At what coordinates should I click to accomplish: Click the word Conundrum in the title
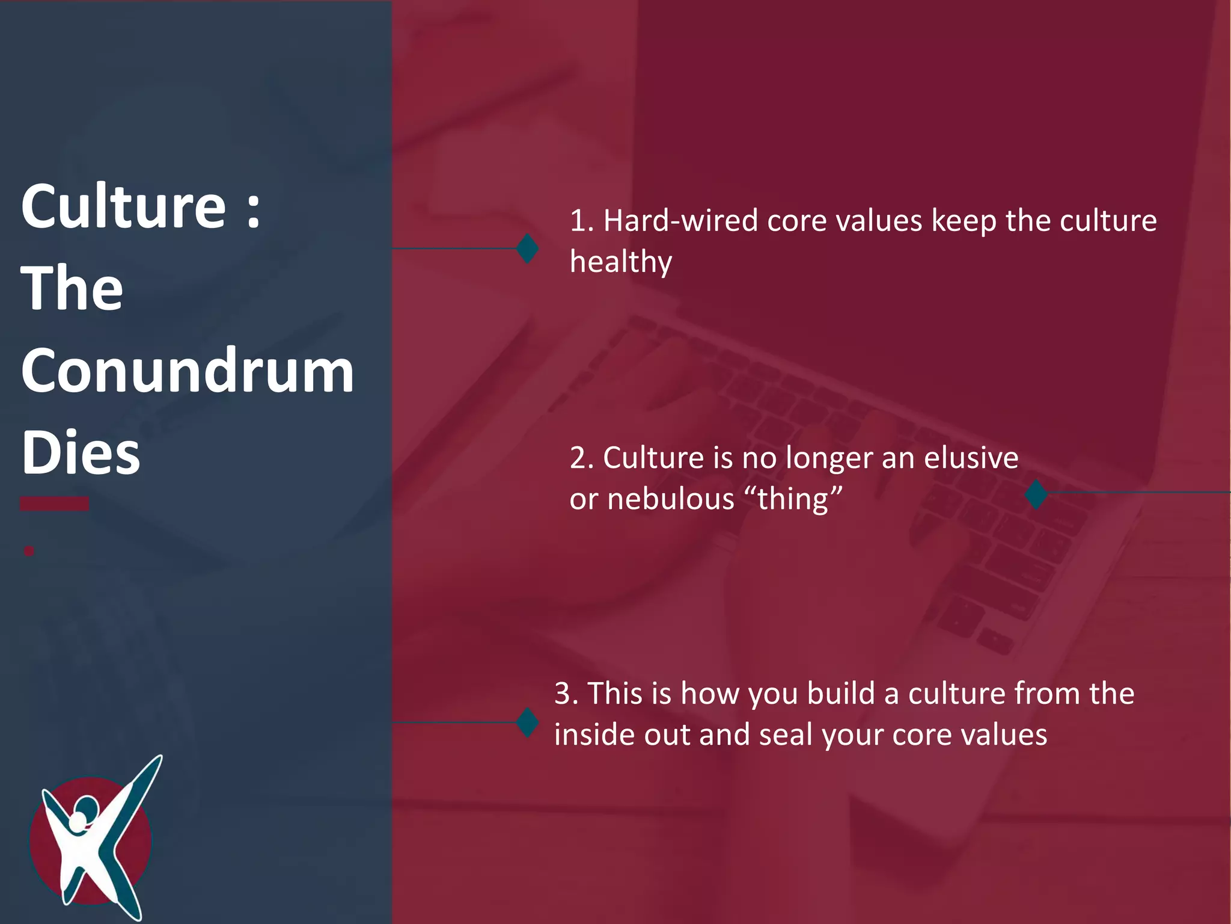click(x=188, y=371)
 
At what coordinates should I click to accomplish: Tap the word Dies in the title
click(x=81, y=452)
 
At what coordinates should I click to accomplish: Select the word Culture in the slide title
click(x=124, y=206)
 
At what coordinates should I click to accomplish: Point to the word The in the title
click(x=72, y=289)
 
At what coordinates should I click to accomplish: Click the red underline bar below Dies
click(x=54, y=504)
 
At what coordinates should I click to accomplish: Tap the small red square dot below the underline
click(x=29, y=550)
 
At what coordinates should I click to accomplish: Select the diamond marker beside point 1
click(x=527, y=248)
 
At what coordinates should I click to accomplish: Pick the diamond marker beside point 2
click(x=1036, y=494)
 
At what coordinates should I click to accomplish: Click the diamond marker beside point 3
click(x=527, y=722)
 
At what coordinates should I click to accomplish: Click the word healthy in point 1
click(x=621, y=262)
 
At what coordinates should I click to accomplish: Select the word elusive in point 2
click(x=971, y=458)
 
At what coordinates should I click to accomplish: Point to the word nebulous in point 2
click(x=671, y=499)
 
